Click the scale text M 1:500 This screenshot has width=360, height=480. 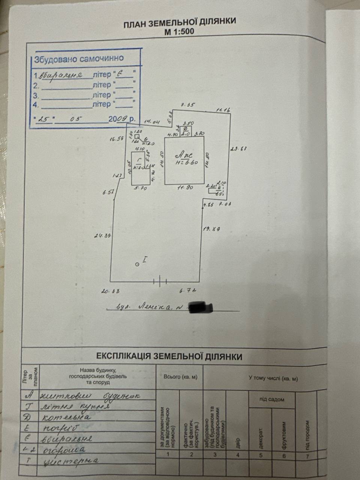click(x=179, y=31)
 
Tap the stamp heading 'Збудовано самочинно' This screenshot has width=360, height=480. click(x=79, y=58)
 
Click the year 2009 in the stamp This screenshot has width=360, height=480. click(x=116, y=119)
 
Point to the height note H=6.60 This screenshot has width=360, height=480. click(x=187, y=162)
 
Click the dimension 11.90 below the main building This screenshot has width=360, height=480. click(x=185, y=187)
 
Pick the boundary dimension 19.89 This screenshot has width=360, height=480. click(x=211, y=228)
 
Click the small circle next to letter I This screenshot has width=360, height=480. click(x=137, y=264)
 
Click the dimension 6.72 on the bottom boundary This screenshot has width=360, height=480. click(x=188, y=290)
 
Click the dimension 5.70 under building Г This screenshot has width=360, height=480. click(x=140, y=188)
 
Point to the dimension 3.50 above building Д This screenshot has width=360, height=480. click(x=187, y=123)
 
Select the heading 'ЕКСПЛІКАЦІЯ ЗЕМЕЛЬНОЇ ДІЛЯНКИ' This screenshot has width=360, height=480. click(x=169, y=356)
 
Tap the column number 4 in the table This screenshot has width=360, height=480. click(x=237, y=455)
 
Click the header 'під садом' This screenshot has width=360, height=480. click(x=271, y=399)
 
